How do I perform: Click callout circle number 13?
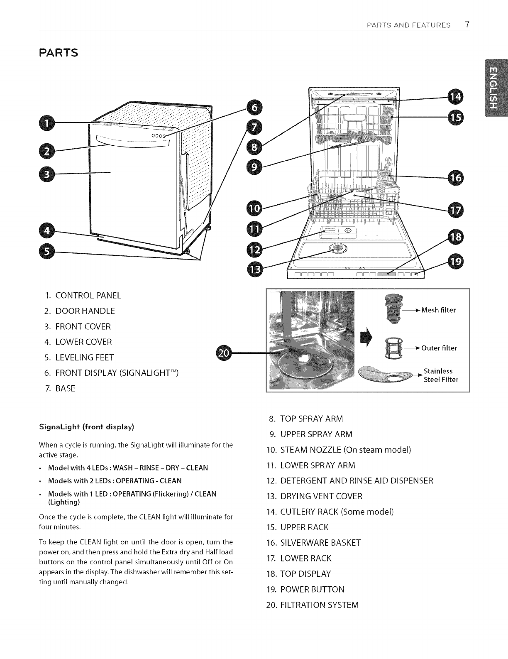coord(254,270)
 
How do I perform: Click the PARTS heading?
coord(59,54)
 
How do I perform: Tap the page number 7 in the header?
coord(467,24)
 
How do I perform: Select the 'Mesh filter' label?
coord(438,310)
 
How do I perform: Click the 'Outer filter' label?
coord(439,348)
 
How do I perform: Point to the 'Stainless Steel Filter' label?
coord(440,375)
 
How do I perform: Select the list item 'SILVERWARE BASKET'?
coord(320,543)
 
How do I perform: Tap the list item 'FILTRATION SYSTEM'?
coord(319,605)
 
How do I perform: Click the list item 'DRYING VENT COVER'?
coord(321,496)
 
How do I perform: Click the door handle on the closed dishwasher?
coord(133,142)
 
